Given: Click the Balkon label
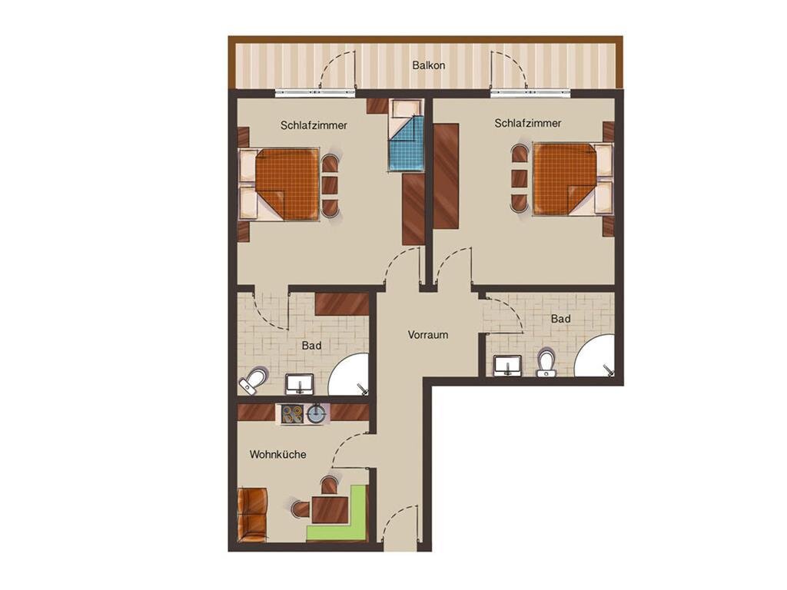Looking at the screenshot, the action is click(428, 65).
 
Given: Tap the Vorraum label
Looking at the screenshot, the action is click(427, 335).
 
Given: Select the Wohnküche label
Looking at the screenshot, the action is click(277, 455).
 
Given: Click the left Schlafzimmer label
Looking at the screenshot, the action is click(314, 125).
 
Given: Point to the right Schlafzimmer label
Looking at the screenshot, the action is click(527, 124).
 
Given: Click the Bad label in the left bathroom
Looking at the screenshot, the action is click(311, 346).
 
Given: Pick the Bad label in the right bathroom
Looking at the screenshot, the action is click(560, 319).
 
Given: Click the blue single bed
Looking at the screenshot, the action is click(406, 135).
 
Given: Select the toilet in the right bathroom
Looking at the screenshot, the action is click(546, 363).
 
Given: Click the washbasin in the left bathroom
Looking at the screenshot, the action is click(300, 383).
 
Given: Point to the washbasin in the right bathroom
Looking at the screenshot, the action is click(507, 365).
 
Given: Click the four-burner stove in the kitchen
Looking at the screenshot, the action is click(291, 414).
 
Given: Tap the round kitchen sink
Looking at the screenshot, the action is click(316, 414).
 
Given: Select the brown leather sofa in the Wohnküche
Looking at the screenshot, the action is click(253, 514).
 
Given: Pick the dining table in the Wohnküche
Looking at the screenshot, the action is click(330, 509).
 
